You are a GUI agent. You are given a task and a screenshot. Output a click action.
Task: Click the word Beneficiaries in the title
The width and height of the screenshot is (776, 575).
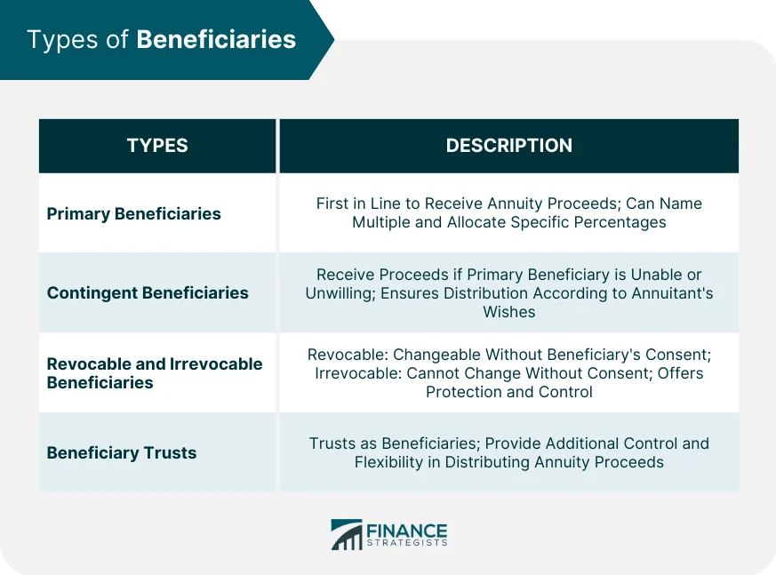(216, 40)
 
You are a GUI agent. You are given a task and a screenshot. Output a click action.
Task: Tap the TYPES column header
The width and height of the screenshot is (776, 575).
(157, 146)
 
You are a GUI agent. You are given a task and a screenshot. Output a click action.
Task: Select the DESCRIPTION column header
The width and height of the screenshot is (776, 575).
(508, 146)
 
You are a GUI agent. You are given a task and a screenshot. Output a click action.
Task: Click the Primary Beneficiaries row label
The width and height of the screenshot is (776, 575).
(133, 213)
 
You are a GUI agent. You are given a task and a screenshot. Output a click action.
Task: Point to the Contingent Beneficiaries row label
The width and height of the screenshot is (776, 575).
(148, 292)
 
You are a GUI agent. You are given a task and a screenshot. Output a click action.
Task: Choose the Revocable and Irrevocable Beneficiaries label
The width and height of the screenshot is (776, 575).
(154, 373)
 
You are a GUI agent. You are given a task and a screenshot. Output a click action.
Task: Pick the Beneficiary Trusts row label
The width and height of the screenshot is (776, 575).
(122, 452)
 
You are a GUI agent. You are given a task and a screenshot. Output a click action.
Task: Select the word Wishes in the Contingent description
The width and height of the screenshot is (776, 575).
(508, 312)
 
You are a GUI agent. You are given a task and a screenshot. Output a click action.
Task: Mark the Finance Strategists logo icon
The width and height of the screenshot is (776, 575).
(347, 534)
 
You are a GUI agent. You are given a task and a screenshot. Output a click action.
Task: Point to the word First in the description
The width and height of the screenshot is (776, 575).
(332, 204)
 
